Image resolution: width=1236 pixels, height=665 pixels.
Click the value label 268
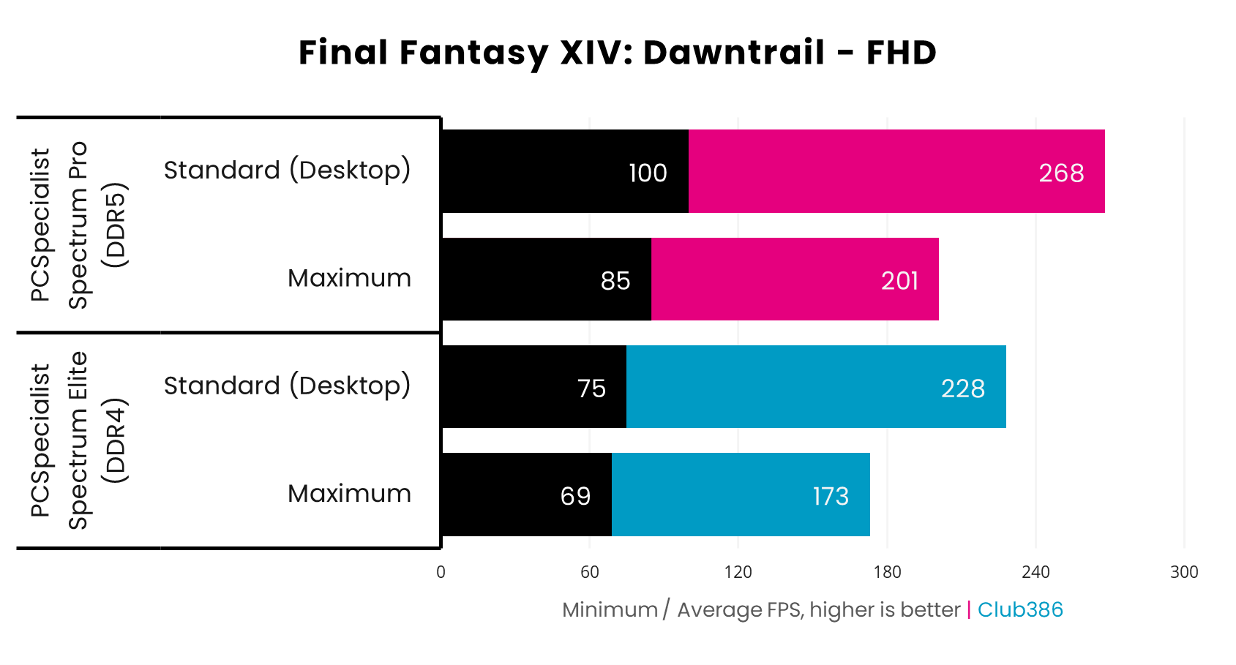click(1061, 173)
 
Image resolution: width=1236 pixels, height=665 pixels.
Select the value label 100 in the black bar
click(648, 173)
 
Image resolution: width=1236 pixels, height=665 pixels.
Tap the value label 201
click(899, 281)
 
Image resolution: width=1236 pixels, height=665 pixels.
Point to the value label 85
click(615, 281)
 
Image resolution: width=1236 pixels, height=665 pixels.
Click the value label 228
click(963, 388)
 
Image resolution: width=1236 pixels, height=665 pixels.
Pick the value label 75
click(591, 388)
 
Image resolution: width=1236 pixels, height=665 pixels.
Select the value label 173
click(831, 497)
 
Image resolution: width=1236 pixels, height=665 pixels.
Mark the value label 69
click(575, 497)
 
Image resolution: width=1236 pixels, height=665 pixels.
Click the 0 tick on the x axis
click(441, 572)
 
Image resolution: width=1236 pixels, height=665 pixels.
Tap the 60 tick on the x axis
click(590, 572)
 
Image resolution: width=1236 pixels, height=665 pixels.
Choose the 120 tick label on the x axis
click(738, 572)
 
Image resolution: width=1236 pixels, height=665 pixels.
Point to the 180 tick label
click(887, 572)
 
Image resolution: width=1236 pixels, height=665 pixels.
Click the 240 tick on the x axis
click(1035, 572)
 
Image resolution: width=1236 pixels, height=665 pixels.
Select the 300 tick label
click(1184, 572)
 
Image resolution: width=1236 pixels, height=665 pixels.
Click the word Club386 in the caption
click(1020, 609)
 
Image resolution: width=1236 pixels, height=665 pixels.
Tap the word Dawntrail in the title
click(734, 53)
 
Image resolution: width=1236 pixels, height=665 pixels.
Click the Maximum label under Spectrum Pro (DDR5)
click(349, 278)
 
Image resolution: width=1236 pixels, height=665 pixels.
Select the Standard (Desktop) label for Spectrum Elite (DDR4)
click(287, 386)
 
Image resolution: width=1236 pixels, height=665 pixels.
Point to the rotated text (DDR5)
click(115, 225)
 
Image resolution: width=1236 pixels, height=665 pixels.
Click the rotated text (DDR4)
click(115, 440)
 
